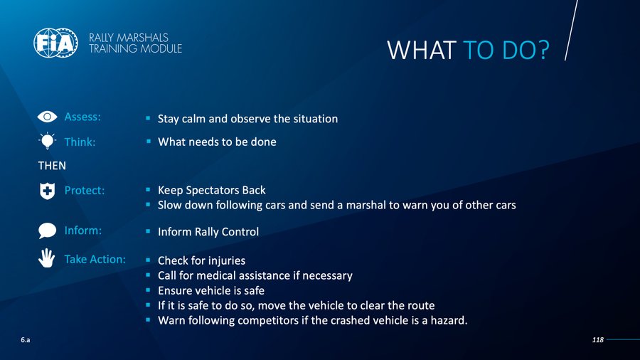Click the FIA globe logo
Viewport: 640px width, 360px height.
point(55,43)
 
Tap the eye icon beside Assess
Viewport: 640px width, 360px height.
point(48,117)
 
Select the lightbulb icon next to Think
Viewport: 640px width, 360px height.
point(48,141)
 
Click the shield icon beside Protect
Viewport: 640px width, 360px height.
point(48,191)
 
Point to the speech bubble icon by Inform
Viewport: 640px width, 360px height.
point(48,231)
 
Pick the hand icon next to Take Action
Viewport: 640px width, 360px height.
point(47,258)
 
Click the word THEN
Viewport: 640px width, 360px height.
point(52,166)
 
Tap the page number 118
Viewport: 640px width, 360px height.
point(597,339)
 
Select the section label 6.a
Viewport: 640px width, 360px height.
point(26,339)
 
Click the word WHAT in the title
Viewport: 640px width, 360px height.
point(421,51)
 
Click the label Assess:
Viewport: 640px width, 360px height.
point(82,117)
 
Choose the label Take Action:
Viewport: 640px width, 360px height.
point(95,259)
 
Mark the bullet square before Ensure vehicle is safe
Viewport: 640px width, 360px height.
point(148,290)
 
